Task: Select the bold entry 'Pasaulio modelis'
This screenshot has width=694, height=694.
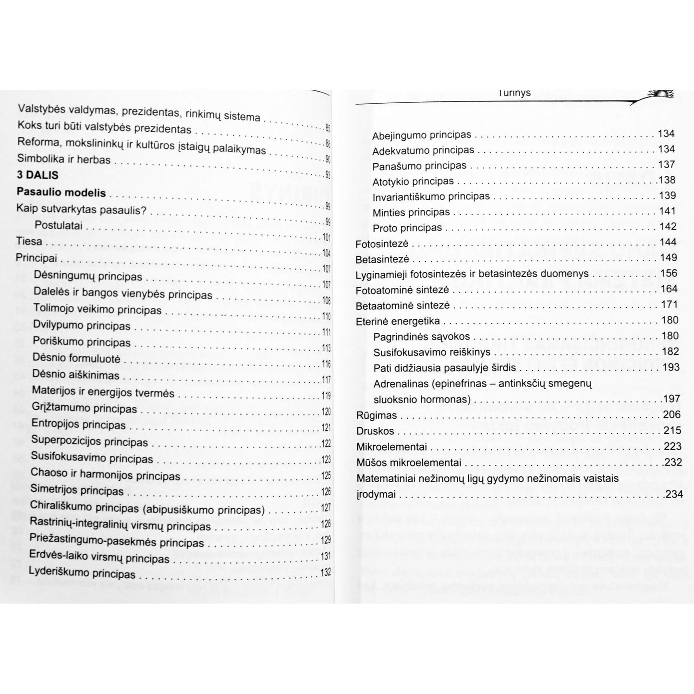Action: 61,192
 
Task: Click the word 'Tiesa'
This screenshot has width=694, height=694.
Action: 29,241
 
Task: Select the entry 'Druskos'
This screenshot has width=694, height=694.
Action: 375,431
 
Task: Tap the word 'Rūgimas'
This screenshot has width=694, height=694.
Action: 377,415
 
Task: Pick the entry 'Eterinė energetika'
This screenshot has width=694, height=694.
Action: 398,321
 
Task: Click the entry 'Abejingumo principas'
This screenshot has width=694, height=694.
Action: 422,135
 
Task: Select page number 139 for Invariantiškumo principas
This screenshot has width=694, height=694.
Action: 667,195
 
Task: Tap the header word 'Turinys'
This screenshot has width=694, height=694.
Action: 514,93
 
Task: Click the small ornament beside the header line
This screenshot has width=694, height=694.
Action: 660,94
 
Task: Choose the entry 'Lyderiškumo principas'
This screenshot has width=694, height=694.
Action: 82,572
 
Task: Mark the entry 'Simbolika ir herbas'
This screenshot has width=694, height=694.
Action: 63,159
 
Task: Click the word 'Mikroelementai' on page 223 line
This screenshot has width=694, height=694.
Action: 391,447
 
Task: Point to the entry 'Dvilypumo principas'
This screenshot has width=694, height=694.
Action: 82,326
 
